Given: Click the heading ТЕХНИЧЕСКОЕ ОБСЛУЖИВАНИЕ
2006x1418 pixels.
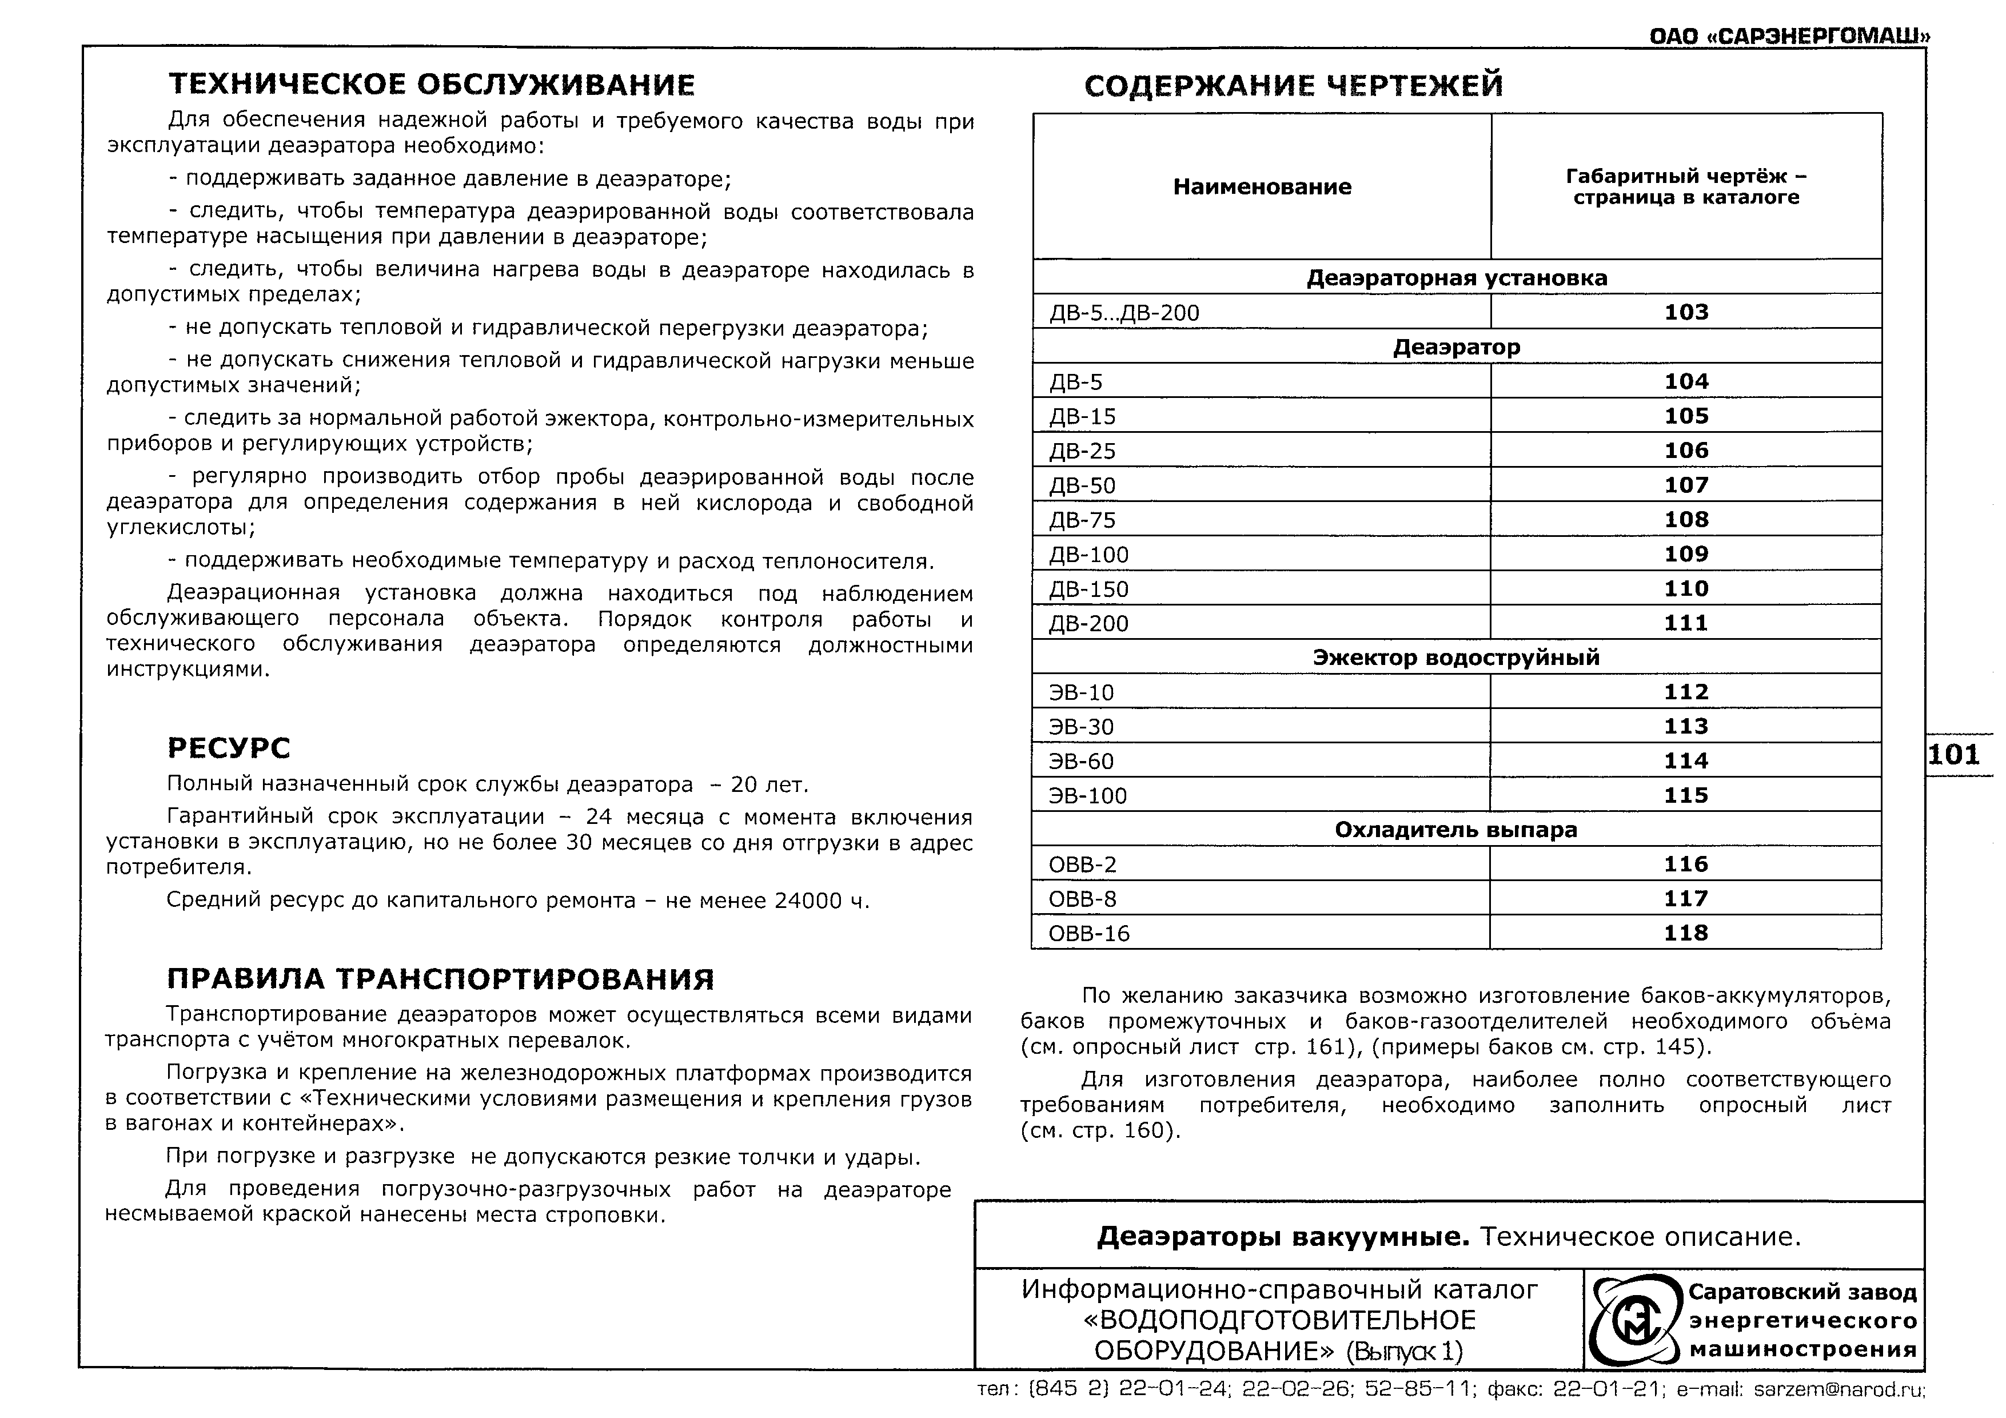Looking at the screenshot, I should (x=432, y=85).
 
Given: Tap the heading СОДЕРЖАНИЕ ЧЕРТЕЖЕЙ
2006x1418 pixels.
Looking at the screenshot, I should (x=1293, y=86).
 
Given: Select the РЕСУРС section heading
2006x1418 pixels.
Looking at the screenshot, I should (x=228, y=748).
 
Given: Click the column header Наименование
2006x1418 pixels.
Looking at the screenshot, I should (x=1262, y=186).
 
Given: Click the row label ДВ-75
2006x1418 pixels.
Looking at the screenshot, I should (x=1083, y=520).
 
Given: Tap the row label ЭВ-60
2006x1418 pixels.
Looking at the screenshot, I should (x=1081, y=761).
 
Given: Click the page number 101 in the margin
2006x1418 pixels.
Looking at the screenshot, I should (x=1953, y=754).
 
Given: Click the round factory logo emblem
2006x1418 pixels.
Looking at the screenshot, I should (x=1633, y=1321).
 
